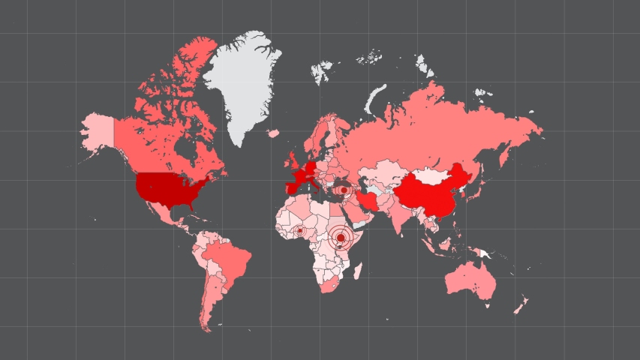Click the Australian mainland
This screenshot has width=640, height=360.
pyautogui.click(x=470, y=281)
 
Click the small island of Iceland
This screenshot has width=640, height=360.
pyautogui.click(x=273, y=133)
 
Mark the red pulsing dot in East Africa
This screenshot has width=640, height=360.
pyautogui.click(x=341, y=238)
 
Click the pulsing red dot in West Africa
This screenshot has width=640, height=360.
pyautogui.click(x=300, y=231)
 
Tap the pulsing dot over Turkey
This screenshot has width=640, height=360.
pyautogui.click(x=344, y=190)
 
